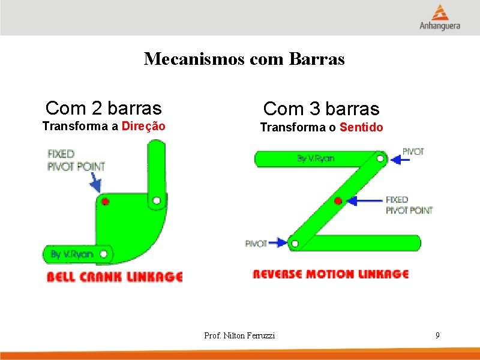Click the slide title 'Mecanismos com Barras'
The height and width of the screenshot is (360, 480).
(244, 59)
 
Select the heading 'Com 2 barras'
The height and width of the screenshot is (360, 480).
(103, 108)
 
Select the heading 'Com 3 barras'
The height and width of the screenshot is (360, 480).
(321, 109)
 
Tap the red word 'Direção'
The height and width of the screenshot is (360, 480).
(143, 126)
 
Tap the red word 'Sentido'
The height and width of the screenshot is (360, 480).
(361, 127)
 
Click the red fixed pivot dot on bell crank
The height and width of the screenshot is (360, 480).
(105, 201)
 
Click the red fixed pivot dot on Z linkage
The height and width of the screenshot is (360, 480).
(338, 200)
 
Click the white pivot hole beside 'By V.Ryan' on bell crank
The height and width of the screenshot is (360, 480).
(104, 254)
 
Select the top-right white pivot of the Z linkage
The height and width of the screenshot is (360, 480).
(380, 159)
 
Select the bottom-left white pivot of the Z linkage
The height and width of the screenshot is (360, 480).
(294, 243)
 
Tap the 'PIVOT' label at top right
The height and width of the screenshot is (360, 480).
(413, 152)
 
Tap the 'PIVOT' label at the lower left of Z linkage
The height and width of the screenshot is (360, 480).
(256, 244)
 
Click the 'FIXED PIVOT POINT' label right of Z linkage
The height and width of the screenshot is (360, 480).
(408, 205)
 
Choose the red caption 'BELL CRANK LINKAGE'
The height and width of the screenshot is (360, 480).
(115, 277)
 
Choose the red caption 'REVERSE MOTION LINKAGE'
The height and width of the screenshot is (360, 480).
(330, 274)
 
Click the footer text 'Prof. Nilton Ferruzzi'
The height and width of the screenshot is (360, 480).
(239, 335)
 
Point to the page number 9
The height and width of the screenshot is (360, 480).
(437, 335)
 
